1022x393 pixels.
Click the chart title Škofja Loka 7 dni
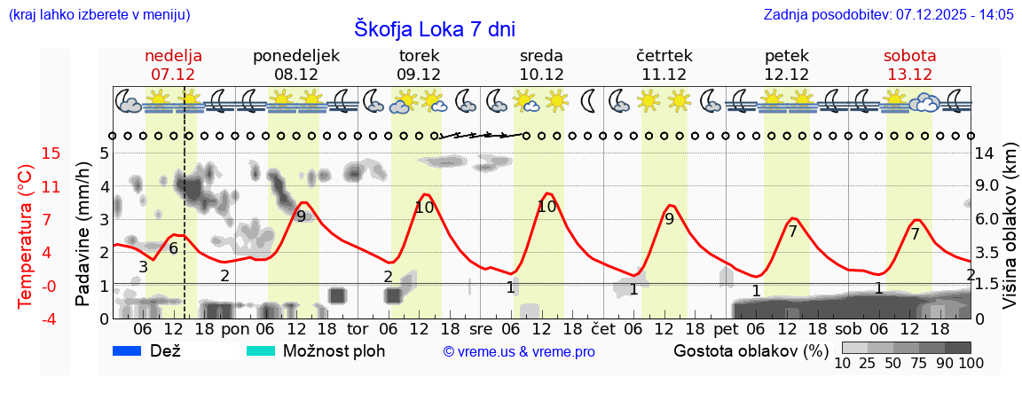pyautogui.click(x=434, y=29)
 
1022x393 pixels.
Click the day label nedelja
pyautogui.click(x=173, y=56)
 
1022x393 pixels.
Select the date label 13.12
pyautogui.click(x=909, y=75)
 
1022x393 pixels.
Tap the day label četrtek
pyautogui.click(x=664, y=56)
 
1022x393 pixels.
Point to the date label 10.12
pyautogui.click(x=541, y=75)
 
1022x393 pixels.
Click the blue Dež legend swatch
pyautogui.click(x=128, y=351)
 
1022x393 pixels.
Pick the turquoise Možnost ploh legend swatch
pyautogui.click(x=261, y=351)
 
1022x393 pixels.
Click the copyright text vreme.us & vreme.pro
pyautogui.click(x=519, y=352)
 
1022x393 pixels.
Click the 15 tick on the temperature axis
pyautogui.click(x=27, y=153)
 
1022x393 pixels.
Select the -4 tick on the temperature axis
pyautogui.click(x=27, y=318)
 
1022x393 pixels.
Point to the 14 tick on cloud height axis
pyautogui.click(x=986, y=153)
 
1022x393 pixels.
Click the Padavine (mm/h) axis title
pyautogui.click(x=83, y=235)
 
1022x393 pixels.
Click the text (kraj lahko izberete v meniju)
pyautogui.click(x=98, y=14)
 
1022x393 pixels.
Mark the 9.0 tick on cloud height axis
pyautogui.click(x=988, y=186)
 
